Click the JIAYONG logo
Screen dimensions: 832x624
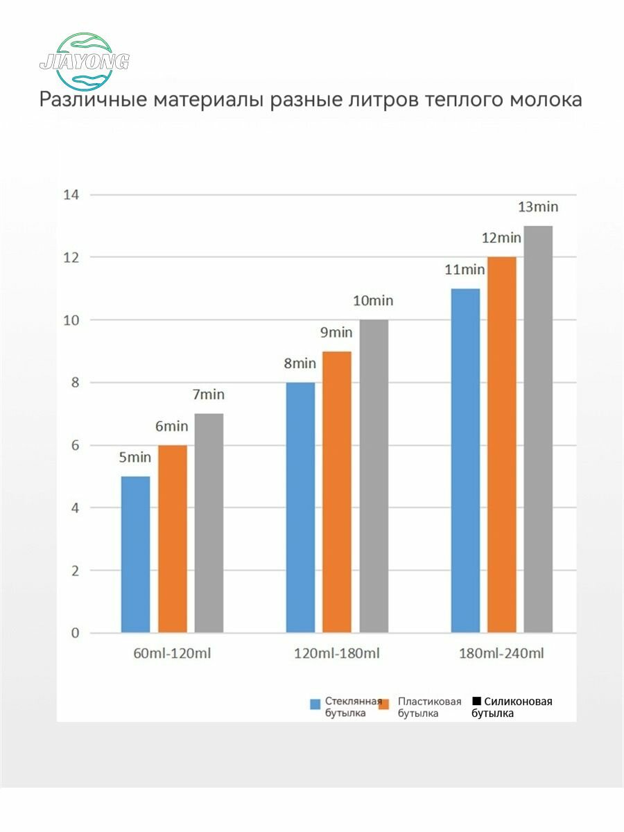[85, 60]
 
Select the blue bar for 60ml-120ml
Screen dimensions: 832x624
[135, 555]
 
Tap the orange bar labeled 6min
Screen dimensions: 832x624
[173, 539]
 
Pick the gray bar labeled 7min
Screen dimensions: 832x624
[209, 523]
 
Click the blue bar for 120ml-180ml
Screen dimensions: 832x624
[300, 508]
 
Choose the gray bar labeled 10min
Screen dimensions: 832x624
[374, 476]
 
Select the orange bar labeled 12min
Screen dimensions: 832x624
[502, 445]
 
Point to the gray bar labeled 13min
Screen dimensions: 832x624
[538, 430]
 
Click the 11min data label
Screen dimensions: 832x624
[465, 270]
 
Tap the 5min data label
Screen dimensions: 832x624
[134, 458]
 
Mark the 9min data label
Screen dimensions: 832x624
[336, 333]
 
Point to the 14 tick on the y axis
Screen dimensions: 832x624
[71, 195]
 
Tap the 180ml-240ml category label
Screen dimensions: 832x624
[501, 654]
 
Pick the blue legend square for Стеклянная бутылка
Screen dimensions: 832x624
[315, 704]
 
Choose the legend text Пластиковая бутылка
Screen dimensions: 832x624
[429, 707]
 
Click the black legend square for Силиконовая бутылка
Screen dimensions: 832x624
[476, 702]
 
